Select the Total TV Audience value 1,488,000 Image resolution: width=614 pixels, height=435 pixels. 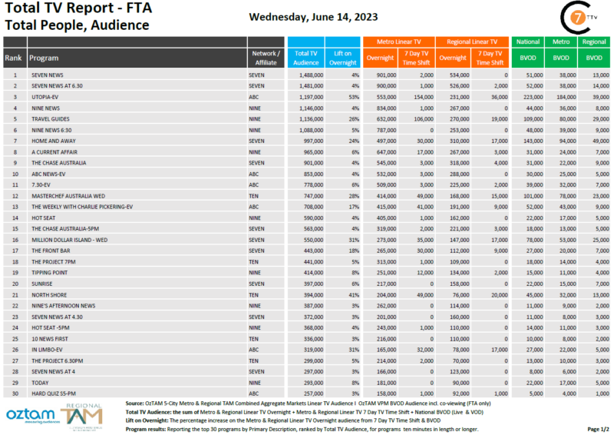pos(305,75)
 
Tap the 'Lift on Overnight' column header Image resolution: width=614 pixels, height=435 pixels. pos(342,58)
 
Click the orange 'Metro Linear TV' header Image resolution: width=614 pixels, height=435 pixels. pos(398,42)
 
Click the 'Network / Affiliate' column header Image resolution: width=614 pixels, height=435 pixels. pos(266,58)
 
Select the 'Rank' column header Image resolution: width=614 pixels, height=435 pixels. pos(13,58)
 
